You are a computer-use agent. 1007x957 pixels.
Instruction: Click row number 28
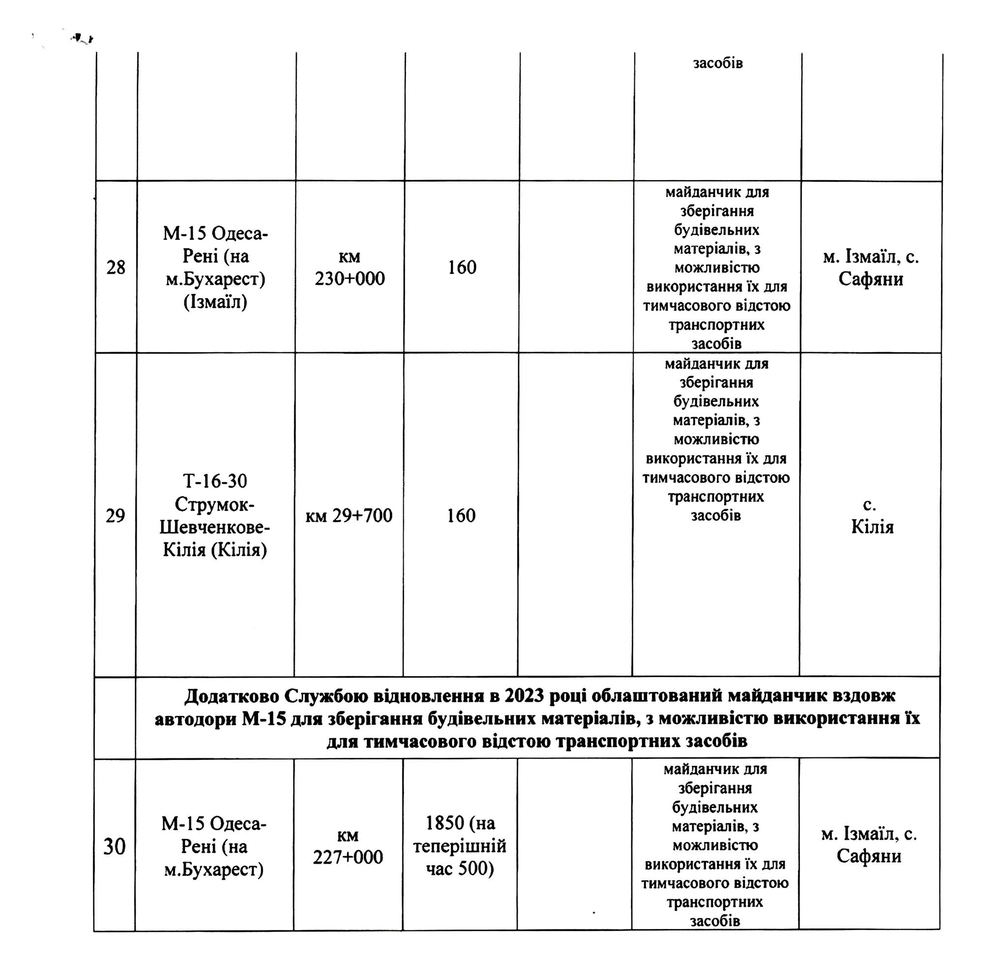[x=116, y=268]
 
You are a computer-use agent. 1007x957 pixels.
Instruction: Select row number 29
[x=115, y=516]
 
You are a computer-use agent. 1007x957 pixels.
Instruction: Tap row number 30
[x=114, y=846]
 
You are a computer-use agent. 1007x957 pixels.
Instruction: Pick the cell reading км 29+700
[x=349, y=516]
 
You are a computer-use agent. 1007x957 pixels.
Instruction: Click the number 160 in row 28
[x=462, y=268]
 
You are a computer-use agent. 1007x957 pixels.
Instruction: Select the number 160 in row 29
[x=461, y=516]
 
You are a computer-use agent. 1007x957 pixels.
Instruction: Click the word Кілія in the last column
[x=872, y=527]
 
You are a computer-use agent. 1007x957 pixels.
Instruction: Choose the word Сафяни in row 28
[x=871, y=279]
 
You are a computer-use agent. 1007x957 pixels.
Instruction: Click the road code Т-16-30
[x=215, y=481]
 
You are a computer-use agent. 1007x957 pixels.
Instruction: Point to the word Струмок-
[x=215, y=504]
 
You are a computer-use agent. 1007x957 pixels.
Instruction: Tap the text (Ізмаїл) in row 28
[x=215, y=302]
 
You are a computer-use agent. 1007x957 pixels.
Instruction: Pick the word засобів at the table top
[x=718, y=63]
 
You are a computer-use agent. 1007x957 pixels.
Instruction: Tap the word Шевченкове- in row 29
[x=215, y=527]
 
